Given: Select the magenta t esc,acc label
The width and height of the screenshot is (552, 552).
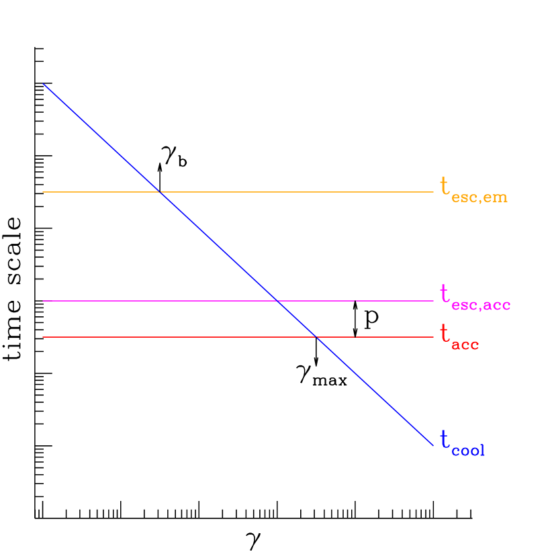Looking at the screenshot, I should [x=475, y=297].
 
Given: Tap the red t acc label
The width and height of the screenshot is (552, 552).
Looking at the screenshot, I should [x=459, y=336].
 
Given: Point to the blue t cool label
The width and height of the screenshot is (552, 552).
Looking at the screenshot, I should [x=462, y=443].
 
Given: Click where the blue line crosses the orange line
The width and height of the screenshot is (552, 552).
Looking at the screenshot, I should [x=160, y=192].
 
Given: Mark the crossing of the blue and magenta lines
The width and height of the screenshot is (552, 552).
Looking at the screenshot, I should [x=277, y=301].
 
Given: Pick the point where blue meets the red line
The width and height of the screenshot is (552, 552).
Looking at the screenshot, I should [x=316, y=337].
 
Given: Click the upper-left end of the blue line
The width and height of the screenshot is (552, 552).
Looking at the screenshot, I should [x=43, y=84].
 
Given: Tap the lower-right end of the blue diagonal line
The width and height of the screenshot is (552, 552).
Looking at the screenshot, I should [x=433, y=445].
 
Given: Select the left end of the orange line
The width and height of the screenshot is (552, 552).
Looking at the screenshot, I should [x=43, y=192].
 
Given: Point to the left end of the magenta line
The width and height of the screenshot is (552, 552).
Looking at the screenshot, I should [x=43, y=301].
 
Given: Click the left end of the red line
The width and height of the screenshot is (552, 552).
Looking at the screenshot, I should [x=43, y=337].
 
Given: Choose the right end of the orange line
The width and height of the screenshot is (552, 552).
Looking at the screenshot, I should [x=433, y=192].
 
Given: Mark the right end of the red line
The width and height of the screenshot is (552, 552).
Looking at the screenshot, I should [x=433, y=337].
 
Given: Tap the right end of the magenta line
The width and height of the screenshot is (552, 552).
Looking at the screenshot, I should [x=433, y=301].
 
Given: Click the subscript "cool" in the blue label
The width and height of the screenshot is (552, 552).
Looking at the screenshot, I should [x=468, y=451].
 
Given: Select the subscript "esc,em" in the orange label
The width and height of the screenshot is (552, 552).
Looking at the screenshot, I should [x=479, y=197].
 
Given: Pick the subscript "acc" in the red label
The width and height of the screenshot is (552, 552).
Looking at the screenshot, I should [x=465, y=345].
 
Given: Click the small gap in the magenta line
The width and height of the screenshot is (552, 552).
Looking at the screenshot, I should [x=355, y=301].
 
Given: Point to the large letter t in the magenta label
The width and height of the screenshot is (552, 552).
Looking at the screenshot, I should [x=444, y=293].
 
